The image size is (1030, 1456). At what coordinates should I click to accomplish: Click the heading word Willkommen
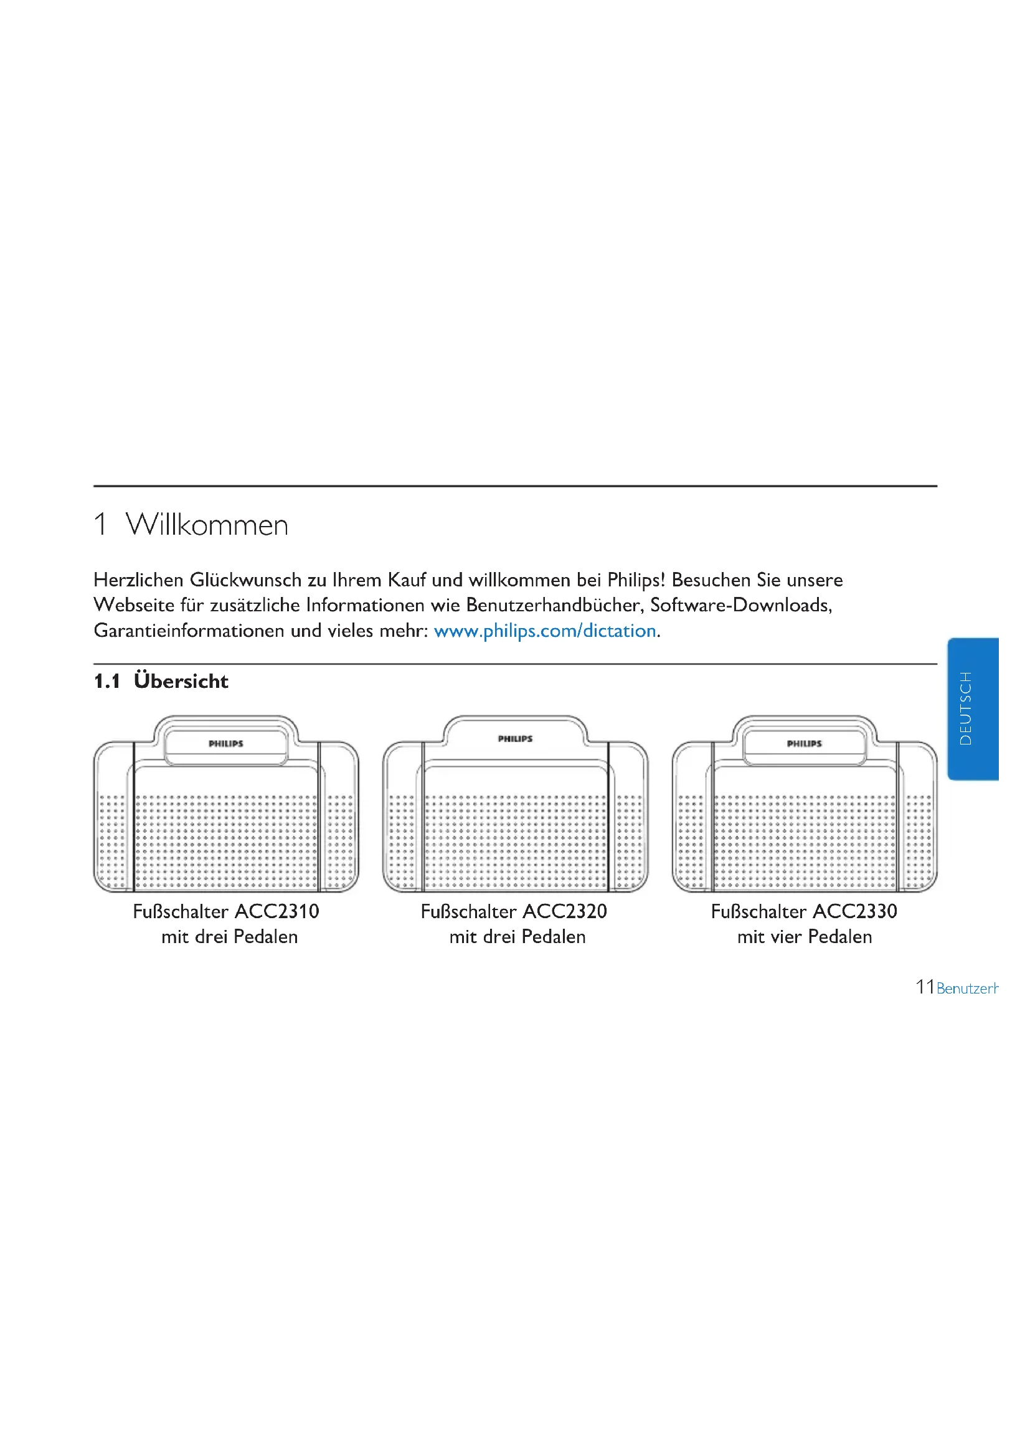click(207, 525)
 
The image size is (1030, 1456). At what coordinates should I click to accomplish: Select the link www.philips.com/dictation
click(545, 631)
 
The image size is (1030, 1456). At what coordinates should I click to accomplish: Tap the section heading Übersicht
click(181, 681)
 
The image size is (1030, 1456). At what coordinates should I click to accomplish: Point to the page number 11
click(924, 987)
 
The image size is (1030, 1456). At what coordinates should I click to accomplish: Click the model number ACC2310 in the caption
click(277, 911)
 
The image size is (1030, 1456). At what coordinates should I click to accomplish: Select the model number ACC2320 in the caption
click(565, 911)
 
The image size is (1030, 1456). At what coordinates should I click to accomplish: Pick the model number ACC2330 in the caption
click(855, 911)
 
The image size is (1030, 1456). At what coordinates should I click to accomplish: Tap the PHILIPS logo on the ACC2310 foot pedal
click(226, 743)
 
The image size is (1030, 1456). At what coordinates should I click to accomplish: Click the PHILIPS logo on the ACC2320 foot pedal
click(515, 739)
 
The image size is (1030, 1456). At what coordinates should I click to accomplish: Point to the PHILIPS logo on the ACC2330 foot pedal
click(804, 743)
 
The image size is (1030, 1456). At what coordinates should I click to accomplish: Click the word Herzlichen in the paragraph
click(138, 580)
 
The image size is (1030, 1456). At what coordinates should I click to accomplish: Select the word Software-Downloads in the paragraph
click(741, 605)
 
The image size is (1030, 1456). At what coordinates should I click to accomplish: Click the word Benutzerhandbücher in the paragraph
click(555, 605)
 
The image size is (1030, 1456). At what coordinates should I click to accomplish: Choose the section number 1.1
click(106, 682)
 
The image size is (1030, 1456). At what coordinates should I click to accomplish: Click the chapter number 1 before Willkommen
click(100, 525)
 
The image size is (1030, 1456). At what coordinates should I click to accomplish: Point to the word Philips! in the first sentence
click(636, 580)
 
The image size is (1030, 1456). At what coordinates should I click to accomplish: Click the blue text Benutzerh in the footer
click(968, 988)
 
